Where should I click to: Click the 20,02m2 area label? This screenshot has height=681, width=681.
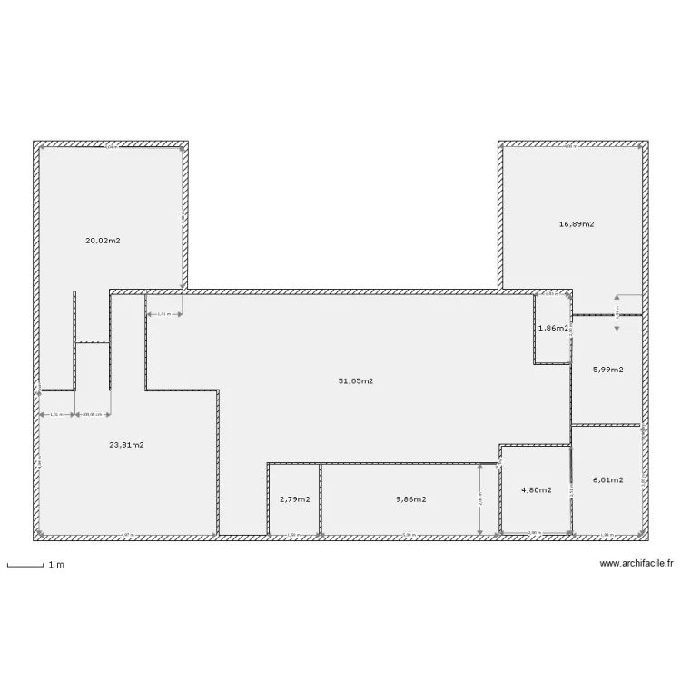click(103, 241)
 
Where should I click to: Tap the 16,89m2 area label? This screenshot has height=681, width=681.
click(576, 223)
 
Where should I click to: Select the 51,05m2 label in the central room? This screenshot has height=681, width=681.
click(356, 381)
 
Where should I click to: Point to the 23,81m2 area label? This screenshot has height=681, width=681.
click(126, 445)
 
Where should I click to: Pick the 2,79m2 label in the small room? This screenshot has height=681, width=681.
click(294, 499)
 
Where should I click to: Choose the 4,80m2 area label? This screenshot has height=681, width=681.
click(536, 490)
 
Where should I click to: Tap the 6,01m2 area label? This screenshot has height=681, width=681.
click(607, 480)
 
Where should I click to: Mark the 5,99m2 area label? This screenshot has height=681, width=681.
click(607, 370)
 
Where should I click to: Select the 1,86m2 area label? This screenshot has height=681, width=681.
click(552, 328)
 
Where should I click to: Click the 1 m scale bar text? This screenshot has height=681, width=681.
click(56, 566)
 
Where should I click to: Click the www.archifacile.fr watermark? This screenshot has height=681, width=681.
click(637, 564)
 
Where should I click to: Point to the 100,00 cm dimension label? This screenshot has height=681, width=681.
click(93, 415)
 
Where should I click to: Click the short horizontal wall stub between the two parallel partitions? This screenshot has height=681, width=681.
click(93, 341)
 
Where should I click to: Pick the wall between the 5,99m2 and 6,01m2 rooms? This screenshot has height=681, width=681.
click(607, 424)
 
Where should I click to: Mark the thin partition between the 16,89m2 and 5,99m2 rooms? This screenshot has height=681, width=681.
click(607, 315)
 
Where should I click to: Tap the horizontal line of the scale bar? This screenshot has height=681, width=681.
click(25, 568)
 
